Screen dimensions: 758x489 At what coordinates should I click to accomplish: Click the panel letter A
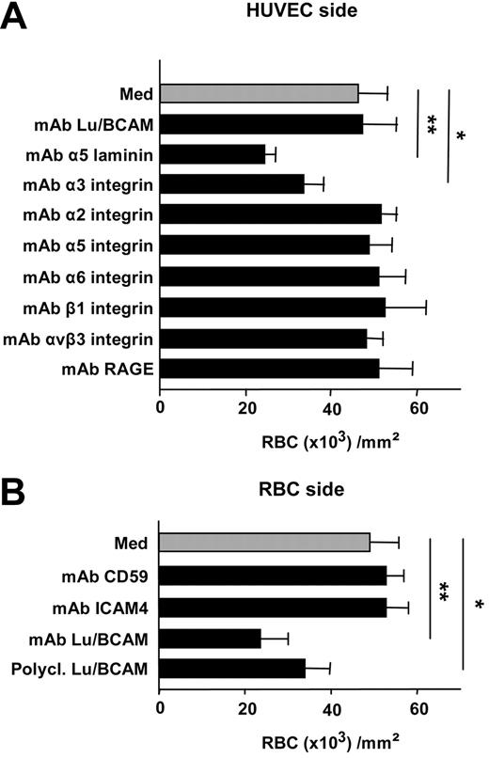pyautogui.click(x=17, y=18)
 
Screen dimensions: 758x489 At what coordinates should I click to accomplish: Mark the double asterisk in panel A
pyautogui.click(x=432, y=125)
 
